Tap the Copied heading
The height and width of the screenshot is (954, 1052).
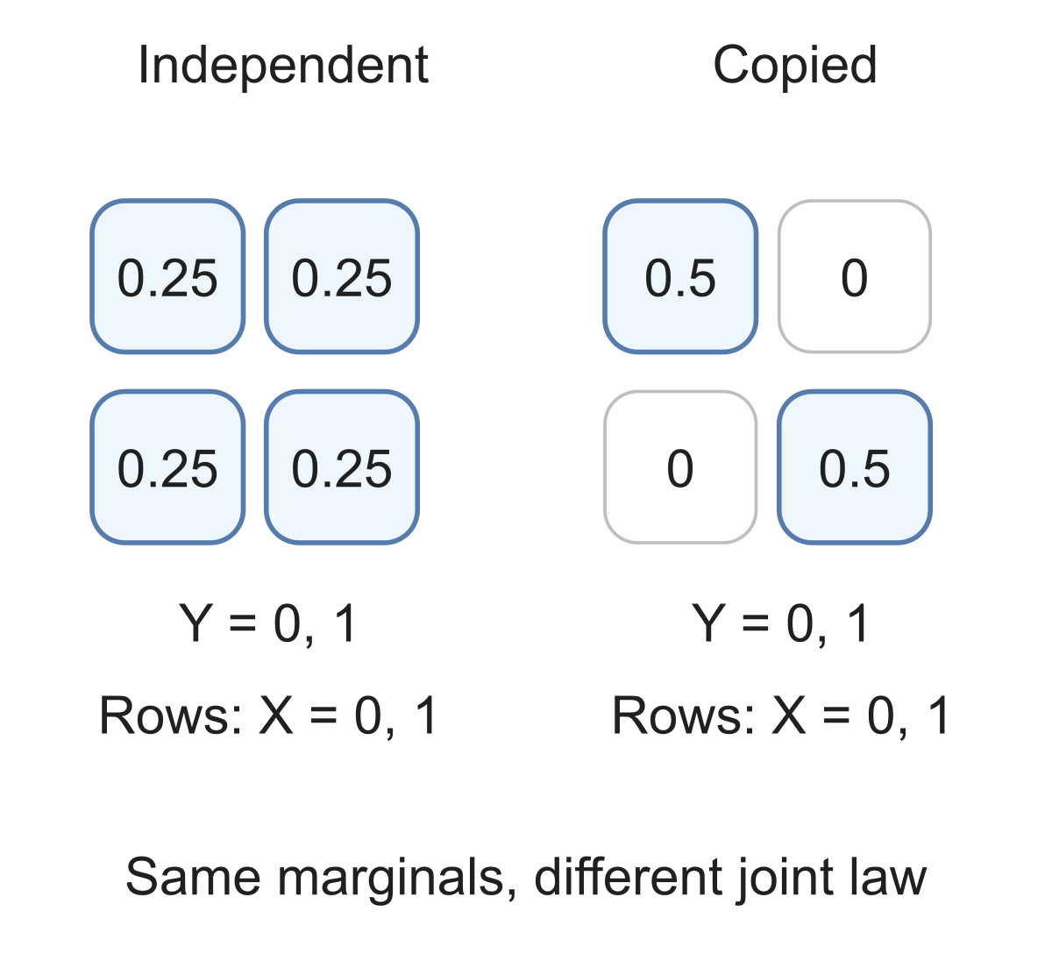click(794, 66)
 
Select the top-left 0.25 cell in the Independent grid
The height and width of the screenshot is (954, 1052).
click(167, 276)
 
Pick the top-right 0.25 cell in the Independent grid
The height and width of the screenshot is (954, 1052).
click(341, 276)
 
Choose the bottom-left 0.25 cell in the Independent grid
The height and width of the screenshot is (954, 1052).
click(167, 467)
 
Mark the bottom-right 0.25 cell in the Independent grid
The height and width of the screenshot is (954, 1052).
click(341, 467)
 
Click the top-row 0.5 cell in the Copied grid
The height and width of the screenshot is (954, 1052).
click(680, 276)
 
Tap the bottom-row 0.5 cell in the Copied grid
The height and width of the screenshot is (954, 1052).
click(854, 467)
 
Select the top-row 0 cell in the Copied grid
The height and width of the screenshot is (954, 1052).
click(854, 276)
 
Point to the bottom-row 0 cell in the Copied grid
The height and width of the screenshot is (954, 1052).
click(680, 467)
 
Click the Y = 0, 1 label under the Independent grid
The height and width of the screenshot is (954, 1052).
click(268, 624)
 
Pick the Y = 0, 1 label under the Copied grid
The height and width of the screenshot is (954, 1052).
click(781, 624)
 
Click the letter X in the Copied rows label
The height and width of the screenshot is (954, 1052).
click(788, 715)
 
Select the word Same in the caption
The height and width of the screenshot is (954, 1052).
click(193, 877)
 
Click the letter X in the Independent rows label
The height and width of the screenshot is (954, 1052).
click(275, 715)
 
